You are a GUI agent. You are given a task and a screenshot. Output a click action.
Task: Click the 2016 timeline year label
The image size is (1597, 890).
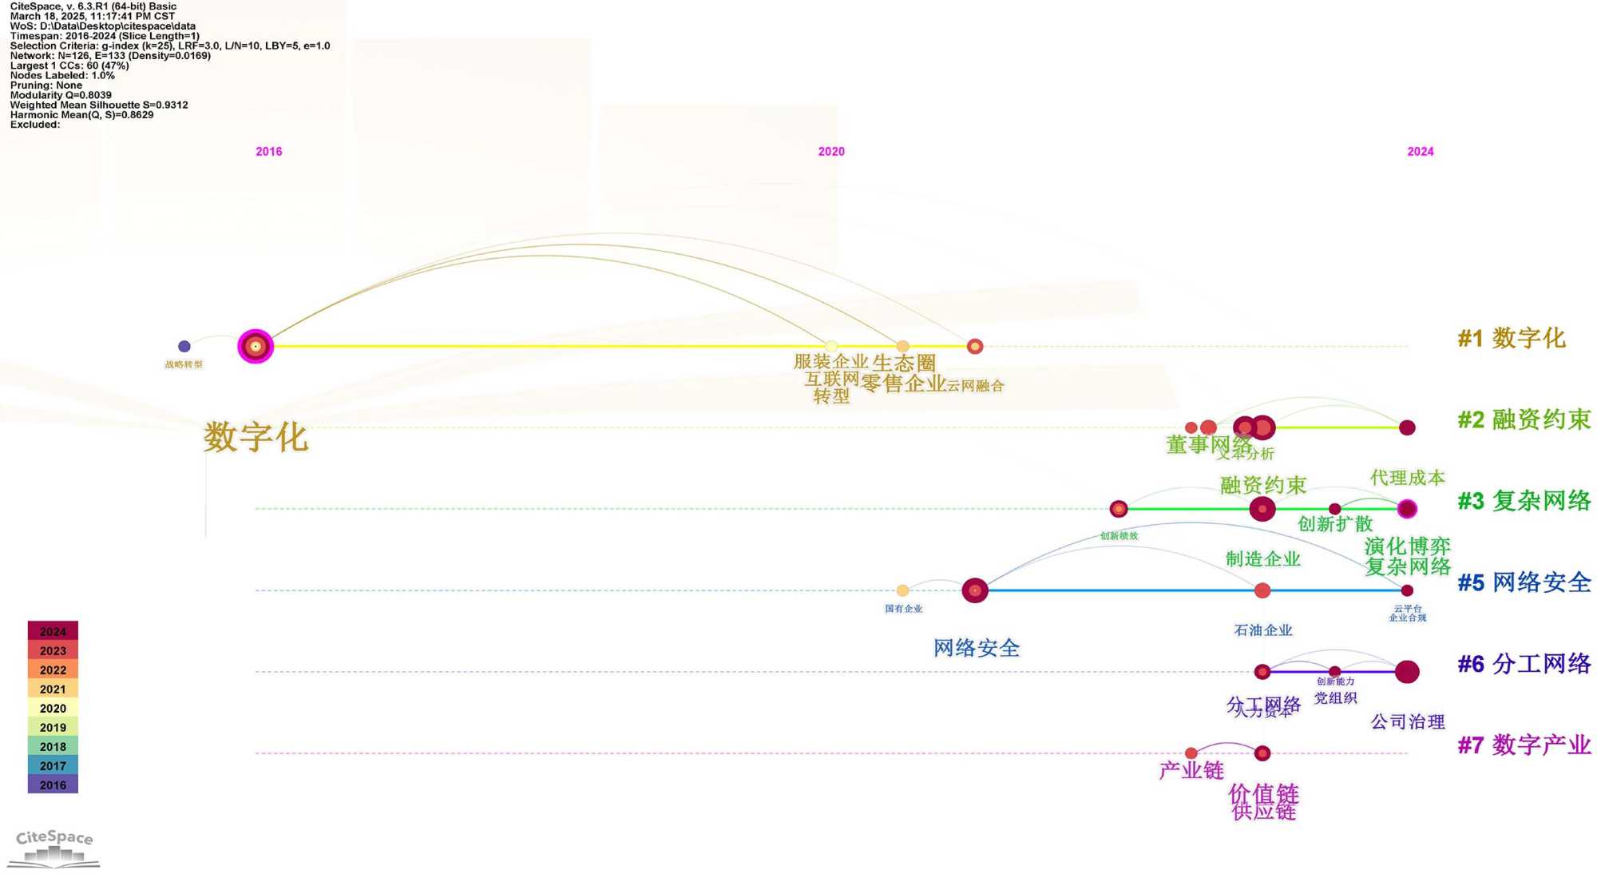pyautogui.click(x=268, y=152)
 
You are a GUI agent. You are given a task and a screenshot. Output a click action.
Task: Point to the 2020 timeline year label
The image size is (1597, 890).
pyautogui.click(x=830, y=152)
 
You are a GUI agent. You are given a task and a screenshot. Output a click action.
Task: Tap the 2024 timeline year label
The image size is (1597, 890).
pyautogui.click(x=1420, y=152)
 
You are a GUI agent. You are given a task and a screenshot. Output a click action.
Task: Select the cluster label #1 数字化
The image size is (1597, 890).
pyautogui.click(x=1511, y=338)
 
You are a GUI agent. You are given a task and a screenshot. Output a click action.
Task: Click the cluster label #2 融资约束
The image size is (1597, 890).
pyautogui.click(x=1524, y=419)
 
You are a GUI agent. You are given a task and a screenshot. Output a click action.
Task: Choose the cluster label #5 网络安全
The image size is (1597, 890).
pyautogui.click(x=1524, y=582)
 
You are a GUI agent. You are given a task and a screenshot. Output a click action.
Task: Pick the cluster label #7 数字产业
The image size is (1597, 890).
pyautogui.click(x=1524, y=745)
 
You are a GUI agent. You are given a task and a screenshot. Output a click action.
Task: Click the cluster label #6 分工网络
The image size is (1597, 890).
pyautogui.click(x=1524, y=664)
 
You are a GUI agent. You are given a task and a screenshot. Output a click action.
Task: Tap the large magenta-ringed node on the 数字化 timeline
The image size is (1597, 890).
pyautogui.click(x=256, y=346)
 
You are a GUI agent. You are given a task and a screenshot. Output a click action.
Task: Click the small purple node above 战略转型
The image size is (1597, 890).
pyautogui.click(x=184, y=346)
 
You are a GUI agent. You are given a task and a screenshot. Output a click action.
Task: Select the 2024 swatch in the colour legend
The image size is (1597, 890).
pyautogui.click(x=53, y=631)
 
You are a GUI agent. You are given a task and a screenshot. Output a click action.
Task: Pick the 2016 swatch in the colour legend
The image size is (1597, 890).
pyautogui.click(x=53, y=785)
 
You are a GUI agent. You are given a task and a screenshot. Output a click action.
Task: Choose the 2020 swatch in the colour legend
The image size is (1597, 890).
pyautogui.click(x=53, y=708)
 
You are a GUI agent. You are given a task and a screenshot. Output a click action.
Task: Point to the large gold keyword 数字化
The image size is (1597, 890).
pyautogui.click(x=256, y=437)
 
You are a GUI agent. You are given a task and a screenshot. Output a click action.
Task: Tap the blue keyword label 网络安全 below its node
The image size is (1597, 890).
pyautogui.click(x=977, y=648)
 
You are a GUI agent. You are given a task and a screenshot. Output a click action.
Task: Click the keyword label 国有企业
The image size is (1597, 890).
pyautogui.click(x=903, y=609)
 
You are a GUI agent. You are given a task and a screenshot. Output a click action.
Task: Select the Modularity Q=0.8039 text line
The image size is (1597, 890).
pyautogui.click(x=61, y=95)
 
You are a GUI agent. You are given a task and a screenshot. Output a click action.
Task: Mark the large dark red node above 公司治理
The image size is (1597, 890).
pyautogui.click(x=1407, y=672)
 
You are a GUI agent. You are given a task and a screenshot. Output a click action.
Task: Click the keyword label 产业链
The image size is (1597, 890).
pyautogui.click(x=1191, y=771)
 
